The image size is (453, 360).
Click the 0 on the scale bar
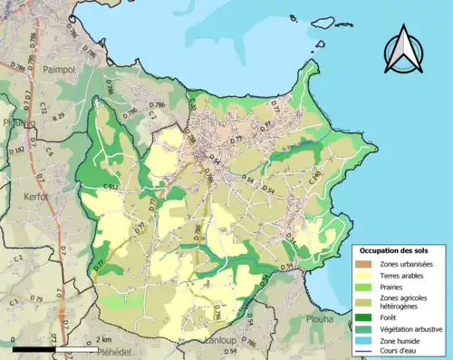[x=14, y=339]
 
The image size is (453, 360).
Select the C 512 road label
[x=111, y=186]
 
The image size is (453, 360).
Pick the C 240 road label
[x=316, y=180]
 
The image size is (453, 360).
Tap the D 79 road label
[x=36, y=297]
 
